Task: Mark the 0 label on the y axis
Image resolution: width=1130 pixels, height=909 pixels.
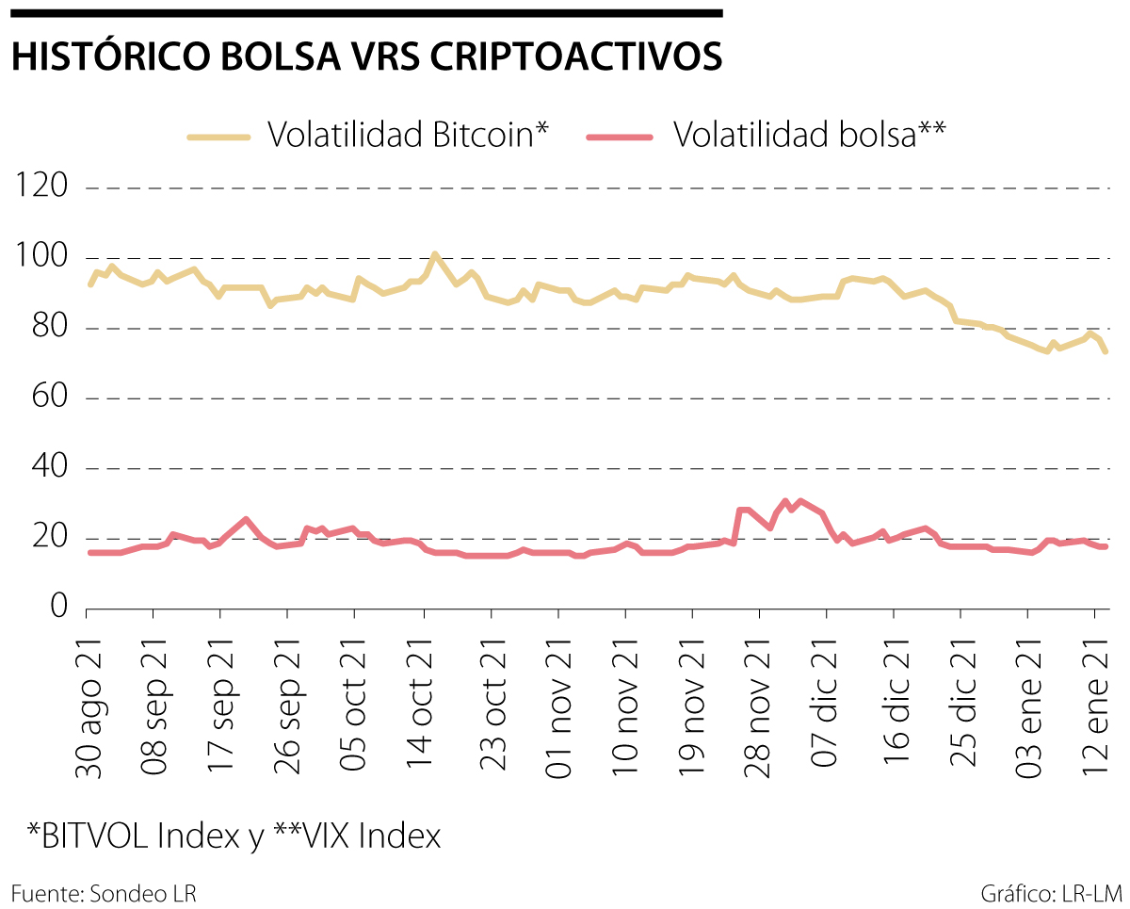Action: tap(58, 609)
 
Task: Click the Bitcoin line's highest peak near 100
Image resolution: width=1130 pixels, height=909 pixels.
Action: tap(434, 254)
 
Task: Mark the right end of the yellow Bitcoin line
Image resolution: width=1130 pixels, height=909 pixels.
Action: tap(1106, 351)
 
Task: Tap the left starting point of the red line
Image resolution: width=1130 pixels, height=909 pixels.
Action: tap(90, 552)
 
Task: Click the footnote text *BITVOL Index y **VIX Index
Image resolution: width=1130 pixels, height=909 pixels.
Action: tap(234, 835)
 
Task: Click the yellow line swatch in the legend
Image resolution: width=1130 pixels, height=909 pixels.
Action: tap(218, 137)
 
